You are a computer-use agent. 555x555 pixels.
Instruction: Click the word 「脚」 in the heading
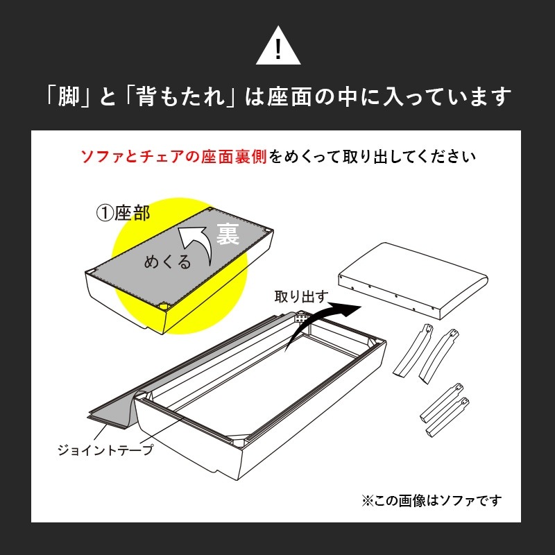pos(69,97)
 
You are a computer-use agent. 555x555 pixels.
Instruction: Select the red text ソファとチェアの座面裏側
pos(173,157)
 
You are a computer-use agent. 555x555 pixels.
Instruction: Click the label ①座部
pos(123,214)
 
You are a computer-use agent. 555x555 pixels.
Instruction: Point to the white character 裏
pos(228,234)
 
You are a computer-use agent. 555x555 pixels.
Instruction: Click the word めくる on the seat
pos(167,262)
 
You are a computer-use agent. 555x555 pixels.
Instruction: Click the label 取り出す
pos(302,297)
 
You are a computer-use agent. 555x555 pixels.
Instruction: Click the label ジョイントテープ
pos(105,450)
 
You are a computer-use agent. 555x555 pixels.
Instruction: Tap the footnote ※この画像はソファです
pos(432,500)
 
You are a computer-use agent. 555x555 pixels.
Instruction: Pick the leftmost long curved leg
pos(413,350)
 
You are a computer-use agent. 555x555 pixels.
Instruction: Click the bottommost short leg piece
pos(447,418)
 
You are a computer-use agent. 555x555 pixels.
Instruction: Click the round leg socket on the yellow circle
pos(164,305)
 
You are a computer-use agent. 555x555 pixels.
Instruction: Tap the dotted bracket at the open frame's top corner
pos(301,316)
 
